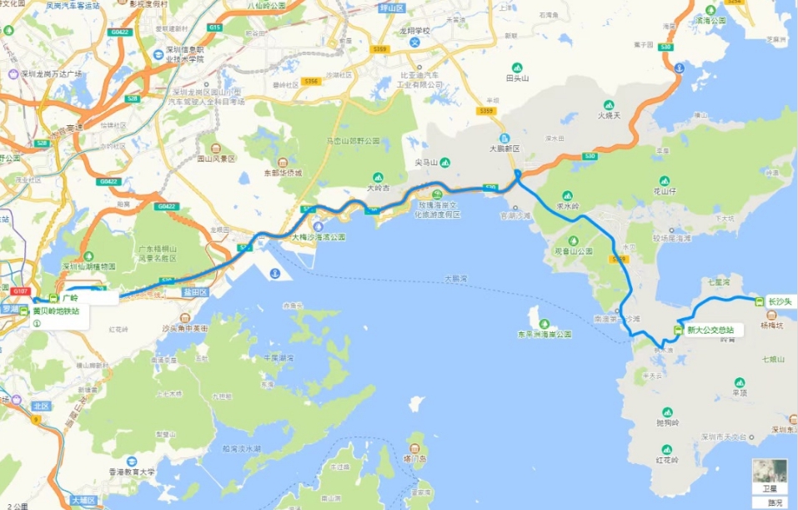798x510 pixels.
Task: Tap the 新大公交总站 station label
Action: click(710, 331)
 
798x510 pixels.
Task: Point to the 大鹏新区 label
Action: click(504, 149)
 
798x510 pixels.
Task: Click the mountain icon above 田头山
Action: click(516, 67)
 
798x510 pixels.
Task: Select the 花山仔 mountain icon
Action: click(665, 180)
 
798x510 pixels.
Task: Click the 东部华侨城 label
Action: click(283, 173)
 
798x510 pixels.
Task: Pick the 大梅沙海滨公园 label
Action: click(318, 237)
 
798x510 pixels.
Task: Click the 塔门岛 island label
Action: click(414, 458)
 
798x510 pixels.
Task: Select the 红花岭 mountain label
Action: click(668, 460)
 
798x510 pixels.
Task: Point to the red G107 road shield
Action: click(20, 291)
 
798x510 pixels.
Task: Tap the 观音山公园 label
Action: click(572, 250)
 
